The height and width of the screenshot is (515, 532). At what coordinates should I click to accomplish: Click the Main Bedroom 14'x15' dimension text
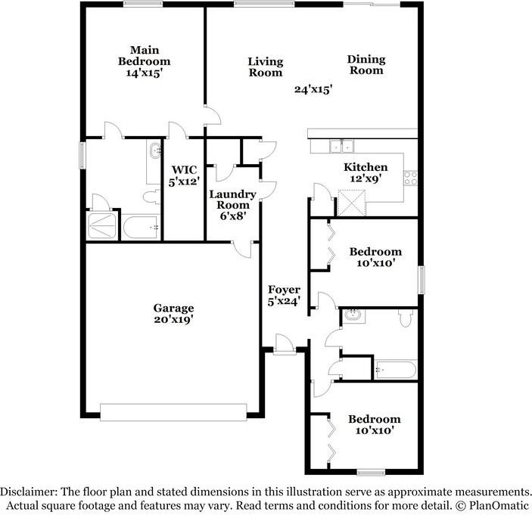pyautogui.click(x=145, y=73)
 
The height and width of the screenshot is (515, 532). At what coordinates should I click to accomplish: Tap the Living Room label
pyautogui.click(x=266, y=67)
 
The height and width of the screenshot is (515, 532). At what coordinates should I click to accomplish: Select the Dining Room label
pyautogui.click(x=366, y=65)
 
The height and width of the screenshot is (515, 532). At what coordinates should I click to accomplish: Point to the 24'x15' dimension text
pyautogui.click(x=313, y=89)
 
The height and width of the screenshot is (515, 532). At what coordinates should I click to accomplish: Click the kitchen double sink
pyautogui.click(x=341, y=147)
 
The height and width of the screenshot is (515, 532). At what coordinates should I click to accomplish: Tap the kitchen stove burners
pyautogui.click(x=410, y=178)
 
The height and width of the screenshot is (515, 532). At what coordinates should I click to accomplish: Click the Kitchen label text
pyautogui.click(x=366, y=167)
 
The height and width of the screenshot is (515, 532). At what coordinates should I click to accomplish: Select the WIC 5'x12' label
pyautogui.click(x=184, y=175)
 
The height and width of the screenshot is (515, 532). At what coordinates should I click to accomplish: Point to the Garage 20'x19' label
pyautogui.click(x=174, y=314)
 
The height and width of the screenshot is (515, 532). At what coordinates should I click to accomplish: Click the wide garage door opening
pyautogui.click(x=173, y=412)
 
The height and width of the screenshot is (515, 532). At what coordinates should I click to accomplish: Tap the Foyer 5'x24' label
pyautogui.click(x=284, y=295)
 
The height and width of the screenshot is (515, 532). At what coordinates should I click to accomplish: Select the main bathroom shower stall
pyautogui.click(x=102, y=225)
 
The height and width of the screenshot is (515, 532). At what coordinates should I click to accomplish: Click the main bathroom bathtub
pyautogui.click(x=141, y=227)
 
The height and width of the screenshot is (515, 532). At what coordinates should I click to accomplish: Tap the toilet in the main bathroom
pyautogui.click(x=151, y=197)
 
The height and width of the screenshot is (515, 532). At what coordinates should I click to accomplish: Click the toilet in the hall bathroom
pyautogui.click(x=406, y=318)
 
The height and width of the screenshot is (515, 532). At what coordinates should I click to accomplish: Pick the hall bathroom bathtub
pyautogui.click(x=396, y=370)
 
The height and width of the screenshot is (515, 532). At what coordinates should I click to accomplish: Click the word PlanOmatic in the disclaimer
pyautogui.click(x=498, y=506)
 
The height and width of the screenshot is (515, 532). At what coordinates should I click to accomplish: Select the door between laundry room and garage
pyautogui.click(x=242, y=250)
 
